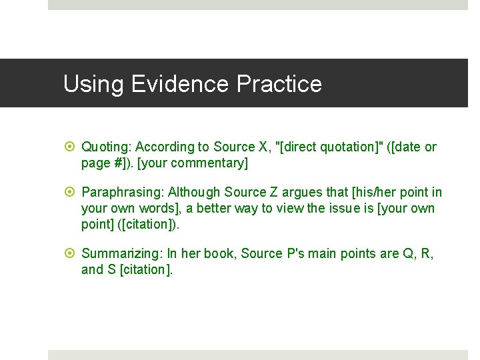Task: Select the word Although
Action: click(x=195, y=193)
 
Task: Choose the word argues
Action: click(x=307, y=193)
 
